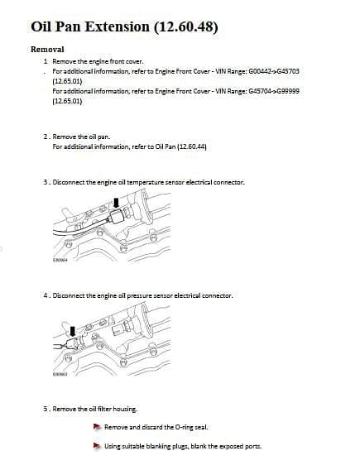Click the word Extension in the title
pyautogui.click(x=118, y=26)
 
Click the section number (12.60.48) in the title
pyautogui.click(x=186, y=27)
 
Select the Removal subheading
pyautogui.click(x=47, y=49)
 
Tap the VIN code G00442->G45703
pyautogui.click(x=274, y=71)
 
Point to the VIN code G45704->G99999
pyautogui.click(x=274, y=91)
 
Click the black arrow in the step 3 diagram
pyautogui.click(x=117, y=204)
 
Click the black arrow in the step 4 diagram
pyautogui.click(x=73, y=332)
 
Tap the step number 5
pyautogui.click(x=46, y=409)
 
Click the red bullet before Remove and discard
pyautogui.click(x=97, y=427)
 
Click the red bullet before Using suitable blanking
pyautogui.click(x=97, y=446)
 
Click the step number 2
pyautogui.click(x=46, y=137)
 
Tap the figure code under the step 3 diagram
pyautogui.click(x=60, y=260)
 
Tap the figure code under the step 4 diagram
pyautogui.click(x=60, y=374)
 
